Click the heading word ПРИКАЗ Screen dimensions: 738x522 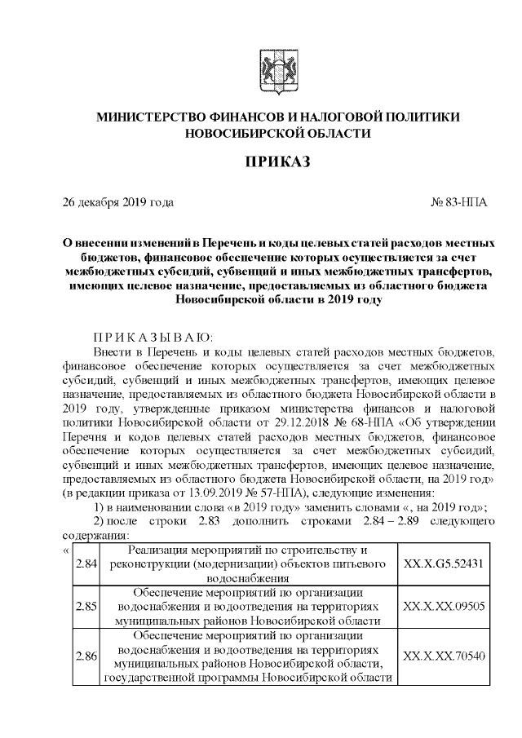click(277, 163)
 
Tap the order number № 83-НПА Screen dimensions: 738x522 click(458, 201)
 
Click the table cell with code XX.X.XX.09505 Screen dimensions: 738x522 click(444, 607)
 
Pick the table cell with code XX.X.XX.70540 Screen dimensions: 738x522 click(444, 656)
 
